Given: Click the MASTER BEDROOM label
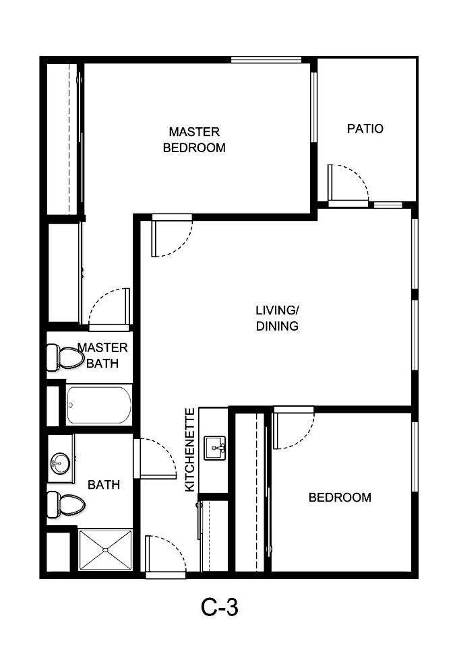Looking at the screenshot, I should coord(194,139).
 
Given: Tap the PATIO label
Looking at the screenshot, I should coord(365,128).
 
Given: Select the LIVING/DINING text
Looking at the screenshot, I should coord(276,318).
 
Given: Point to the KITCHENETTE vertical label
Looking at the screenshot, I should coord(190,449).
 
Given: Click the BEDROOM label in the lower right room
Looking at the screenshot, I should coord(340,498).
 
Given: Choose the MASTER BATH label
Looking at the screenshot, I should coord(102,356).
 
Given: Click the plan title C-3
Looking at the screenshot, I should coord(220,607).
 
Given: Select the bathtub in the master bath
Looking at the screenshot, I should coord(99,404).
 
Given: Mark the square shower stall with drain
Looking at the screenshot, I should coord(105,550).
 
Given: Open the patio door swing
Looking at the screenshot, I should coord(347,183).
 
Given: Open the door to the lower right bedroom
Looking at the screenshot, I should coord(293,429).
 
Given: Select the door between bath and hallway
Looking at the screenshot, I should coord(155,458).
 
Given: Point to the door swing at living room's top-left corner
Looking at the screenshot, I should coord(173,236).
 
